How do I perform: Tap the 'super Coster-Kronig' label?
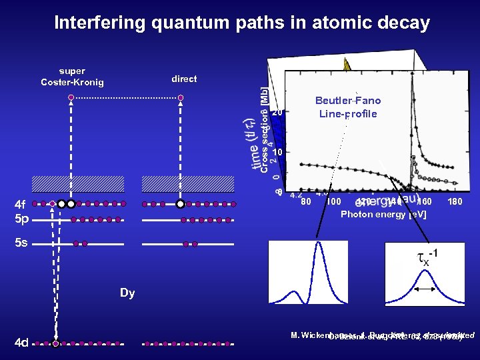click(72, 77)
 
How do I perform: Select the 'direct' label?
click(184, 79)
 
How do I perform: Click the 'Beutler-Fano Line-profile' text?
click(348, 107)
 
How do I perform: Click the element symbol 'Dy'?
click(127, 293)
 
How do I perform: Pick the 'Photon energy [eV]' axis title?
click(383, 215)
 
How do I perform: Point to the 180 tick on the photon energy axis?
click(455, 201)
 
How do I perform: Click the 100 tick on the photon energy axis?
click(334, 201)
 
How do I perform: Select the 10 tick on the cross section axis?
click(279, 152)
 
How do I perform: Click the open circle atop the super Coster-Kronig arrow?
click(71, 97)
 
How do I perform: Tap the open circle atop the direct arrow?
click(180, 97)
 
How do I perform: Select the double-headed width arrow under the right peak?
click(425, 289)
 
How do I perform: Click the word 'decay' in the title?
click(402, 23)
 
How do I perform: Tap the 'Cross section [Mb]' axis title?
click(264, 130)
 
